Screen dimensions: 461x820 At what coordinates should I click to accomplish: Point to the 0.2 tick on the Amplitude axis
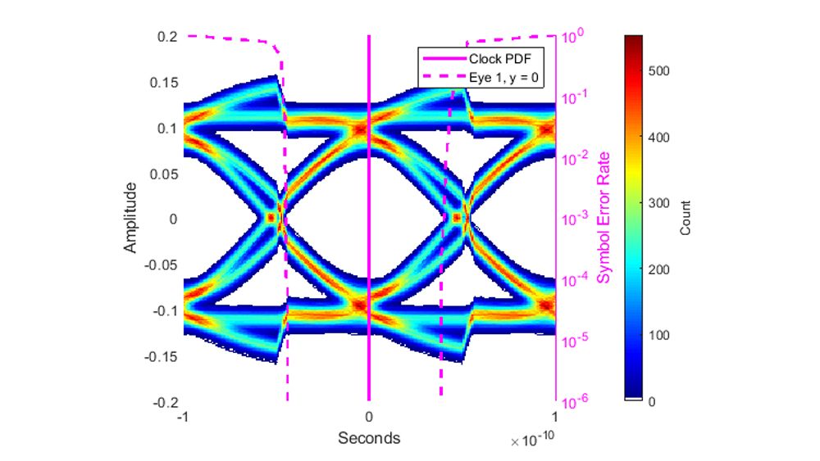pos(167,37)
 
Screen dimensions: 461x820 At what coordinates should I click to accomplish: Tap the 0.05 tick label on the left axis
pos(163,174)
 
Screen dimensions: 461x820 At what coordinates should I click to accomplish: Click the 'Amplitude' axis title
pos(131,219)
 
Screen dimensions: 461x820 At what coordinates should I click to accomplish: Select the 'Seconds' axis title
pos(369,438)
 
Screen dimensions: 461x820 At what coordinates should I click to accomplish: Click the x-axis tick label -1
pos(184,418)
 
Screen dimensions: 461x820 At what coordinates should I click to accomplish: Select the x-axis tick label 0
pos(369,418)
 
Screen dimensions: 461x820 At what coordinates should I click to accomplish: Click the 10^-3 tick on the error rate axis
pos(572,219)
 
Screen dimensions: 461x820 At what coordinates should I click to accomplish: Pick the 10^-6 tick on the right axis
pos(572,402)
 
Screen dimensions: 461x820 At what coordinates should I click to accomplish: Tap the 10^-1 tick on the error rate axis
pos(572,97)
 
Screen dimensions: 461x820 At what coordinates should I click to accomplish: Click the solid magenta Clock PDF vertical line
pos(369,246)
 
